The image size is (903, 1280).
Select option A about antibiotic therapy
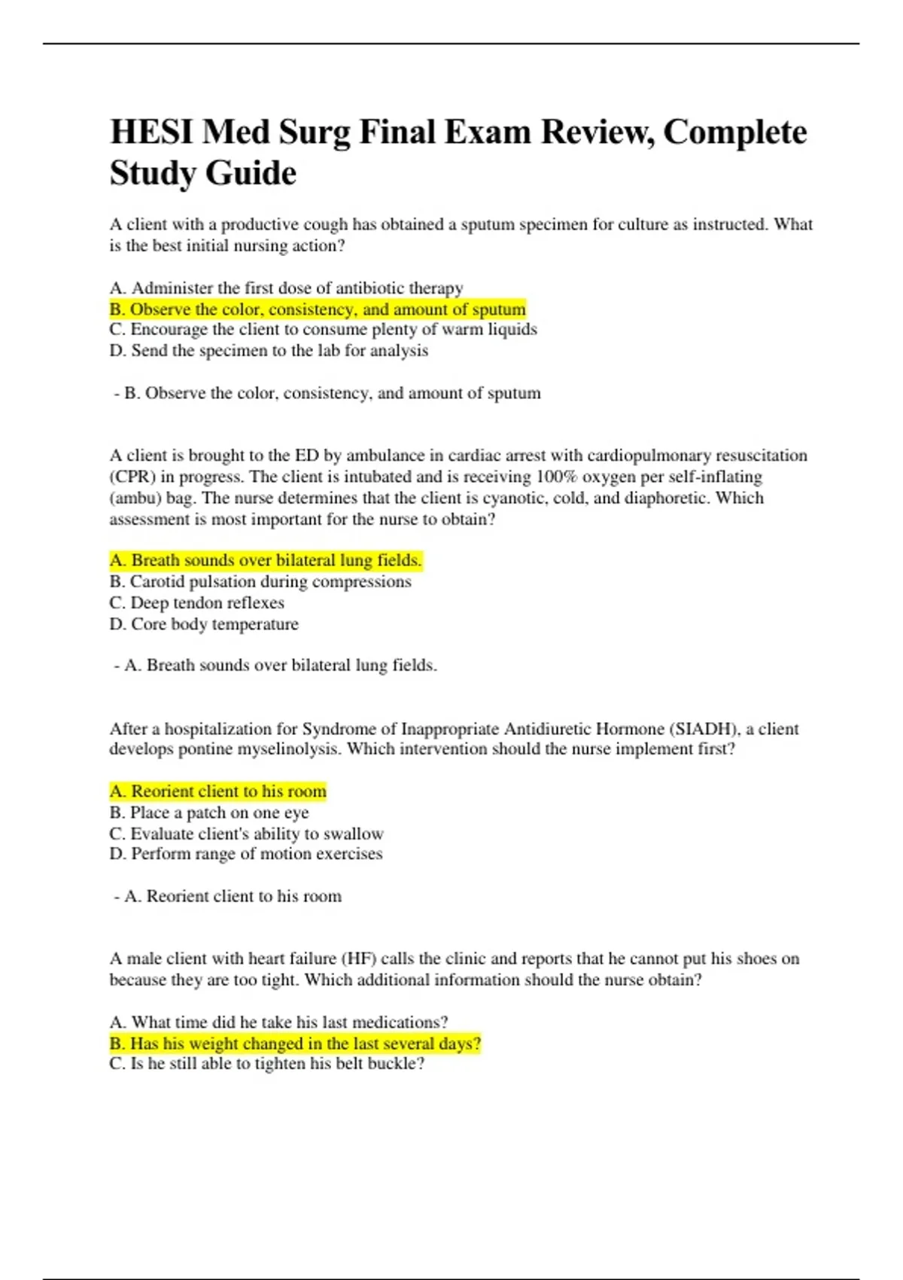[286, 288]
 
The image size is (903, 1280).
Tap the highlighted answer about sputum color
[317, 309]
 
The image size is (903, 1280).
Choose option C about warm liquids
[323, 330]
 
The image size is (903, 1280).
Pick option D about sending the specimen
[269, 351]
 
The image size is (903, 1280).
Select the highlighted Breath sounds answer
[266, 560]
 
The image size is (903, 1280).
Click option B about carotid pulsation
[260, 581]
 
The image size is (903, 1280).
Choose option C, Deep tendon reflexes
[196, 602]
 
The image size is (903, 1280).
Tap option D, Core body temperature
[204, 624]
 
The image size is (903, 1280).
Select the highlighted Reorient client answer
[217, 791]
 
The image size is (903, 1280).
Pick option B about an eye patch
[209, 812]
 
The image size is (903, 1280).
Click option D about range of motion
[246, 854]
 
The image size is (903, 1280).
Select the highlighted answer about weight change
[295, 1044]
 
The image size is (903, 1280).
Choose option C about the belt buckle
[267, 1064]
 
